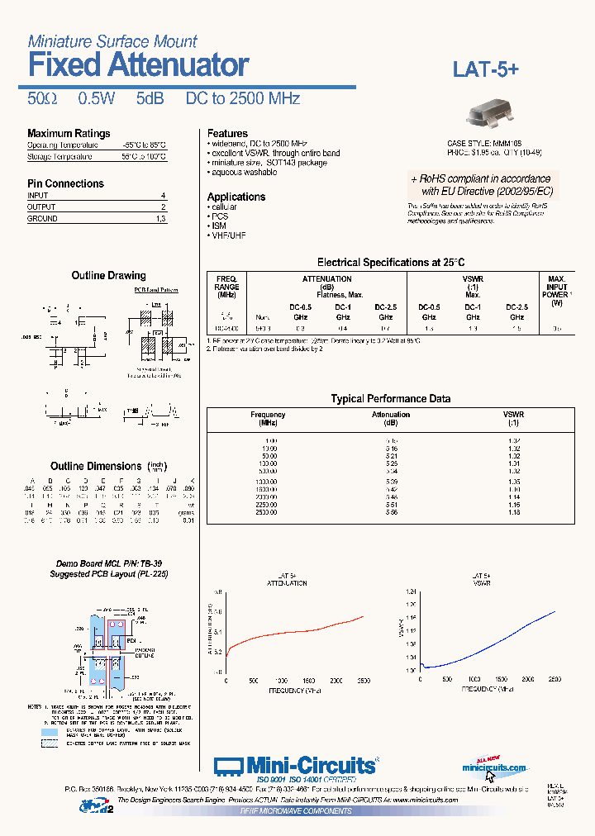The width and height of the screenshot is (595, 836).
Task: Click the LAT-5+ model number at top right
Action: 485,69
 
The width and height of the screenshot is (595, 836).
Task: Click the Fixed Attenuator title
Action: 138,64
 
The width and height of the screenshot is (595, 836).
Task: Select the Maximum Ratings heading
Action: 69,134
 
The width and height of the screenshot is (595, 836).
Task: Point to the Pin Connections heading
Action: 65,183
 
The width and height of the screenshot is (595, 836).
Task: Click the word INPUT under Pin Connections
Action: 38,196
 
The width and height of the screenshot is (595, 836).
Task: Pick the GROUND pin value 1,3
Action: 160,219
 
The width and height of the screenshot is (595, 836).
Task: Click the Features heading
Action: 227,133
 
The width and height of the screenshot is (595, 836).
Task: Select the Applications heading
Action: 236,197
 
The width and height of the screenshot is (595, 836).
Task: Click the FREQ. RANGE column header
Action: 226,287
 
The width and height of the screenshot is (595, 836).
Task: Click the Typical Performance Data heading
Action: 391,398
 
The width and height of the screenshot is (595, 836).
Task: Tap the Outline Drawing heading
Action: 108,275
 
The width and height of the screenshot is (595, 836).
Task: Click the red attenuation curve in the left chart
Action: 297,634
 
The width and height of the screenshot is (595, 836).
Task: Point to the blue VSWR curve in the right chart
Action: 496,640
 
